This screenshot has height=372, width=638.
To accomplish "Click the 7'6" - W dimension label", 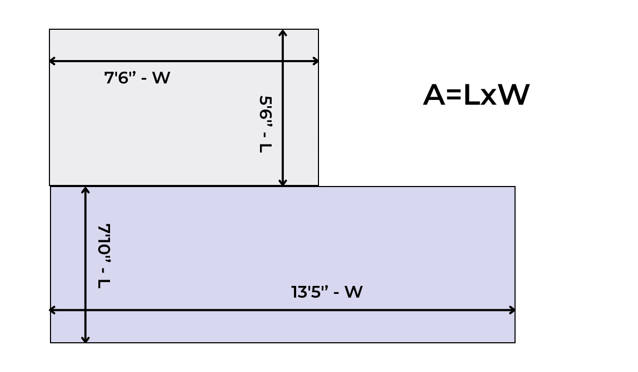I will [137, 78].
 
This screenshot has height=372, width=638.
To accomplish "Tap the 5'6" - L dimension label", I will [265, 124].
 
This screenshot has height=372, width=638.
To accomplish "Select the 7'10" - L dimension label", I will [104, 256].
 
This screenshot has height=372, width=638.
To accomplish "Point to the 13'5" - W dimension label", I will [327, 292].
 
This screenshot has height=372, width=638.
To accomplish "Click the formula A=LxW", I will [476, 96].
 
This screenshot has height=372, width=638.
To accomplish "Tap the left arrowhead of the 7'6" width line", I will [52, 61].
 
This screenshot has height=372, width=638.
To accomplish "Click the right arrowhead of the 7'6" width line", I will [316, 61].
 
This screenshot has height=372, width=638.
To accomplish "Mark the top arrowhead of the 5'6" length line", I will [283, 32].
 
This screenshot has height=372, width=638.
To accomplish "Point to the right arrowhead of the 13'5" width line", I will [513, 310].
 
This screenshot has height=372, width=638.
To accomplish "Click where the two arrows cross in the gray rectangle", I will [283, 61].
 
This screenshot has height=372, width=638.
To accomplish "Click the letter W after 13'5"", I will [354, 292].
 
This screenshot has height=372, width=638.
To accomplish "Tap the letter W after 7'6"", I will [161, 78].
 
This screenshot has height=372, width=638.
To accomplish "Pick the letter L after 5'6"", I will [265, 147].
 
